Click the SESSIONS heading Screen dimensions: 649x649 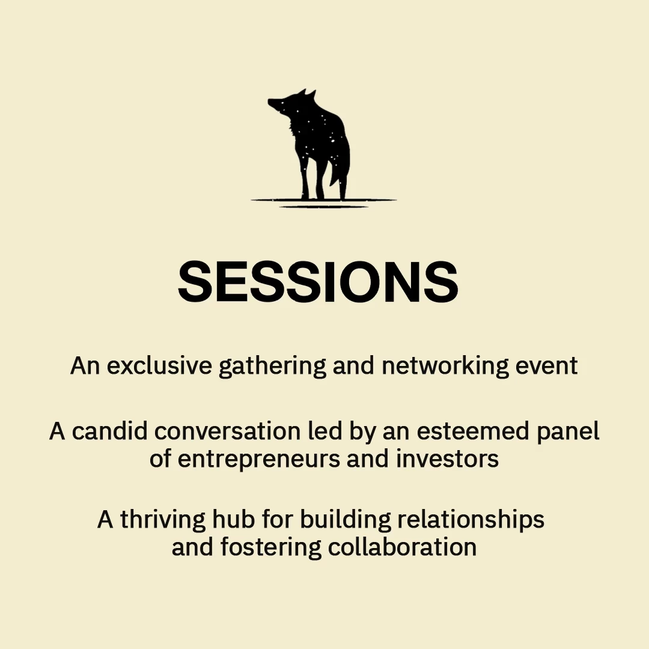[318, 282]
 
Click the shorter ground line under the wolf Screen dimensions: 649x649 [324, 207]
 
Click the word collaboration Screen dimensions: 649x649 [402, 547]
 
